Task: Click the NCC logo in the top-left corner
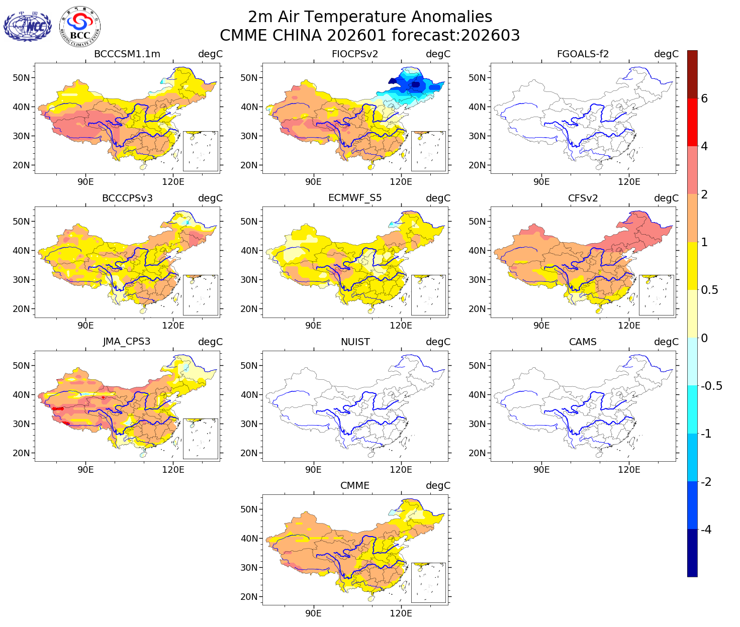point(28,26)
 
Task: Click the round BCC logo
point(79,26)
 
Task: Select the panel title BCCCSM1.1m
point(127,54)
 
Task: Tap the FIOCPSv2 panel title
point(355,54)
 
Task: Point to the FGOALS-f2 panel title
point(583,54)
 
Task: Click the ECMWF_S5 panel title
point(355,198)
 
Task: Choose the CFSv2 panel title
point(583,198)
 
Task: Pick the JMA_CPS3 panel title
point(127,342)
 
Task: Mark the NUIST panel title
point(355,342)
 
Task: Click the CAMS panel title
point(583,342)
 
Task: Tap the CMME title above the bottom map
point(355,486)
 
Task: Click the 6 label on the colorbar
point(704,99)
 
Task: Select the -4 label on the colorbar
point(706,530)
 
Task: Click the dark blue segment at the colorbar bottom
point(692,553)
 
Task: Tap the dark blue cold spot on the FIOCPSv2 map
point(415,84)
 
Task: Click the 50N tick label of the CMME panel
point(249,509)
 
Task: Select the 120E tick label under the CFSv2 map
point(629,326)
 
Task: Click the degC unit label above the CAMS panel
point(666,342)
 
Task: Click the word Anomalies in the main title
point(451,17)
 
